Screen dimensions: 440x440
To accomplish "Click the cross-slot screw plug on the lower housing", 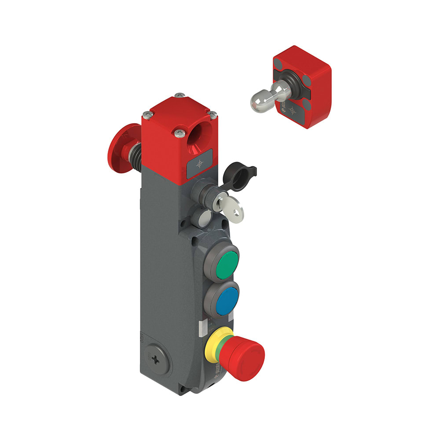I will [156, 359].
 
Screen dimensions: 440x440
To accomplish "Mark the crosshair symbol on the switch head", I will [200, 164].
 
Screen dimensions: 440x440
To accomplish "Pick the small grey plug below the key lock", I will [204, 217].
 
